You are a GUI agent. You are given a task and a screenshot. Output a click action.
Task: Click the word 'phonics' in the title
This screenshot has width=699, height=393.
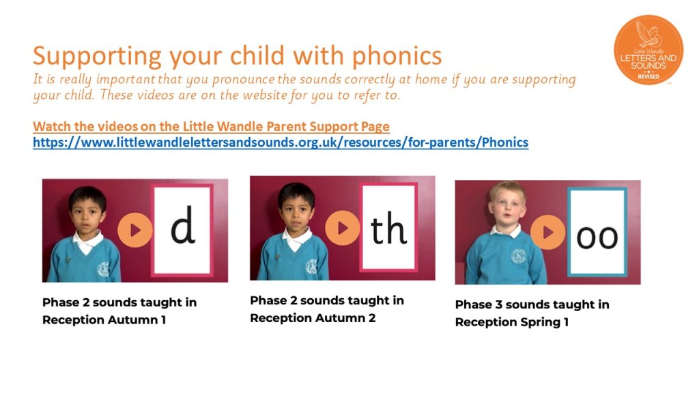pyautogui.click(x=397, y=57)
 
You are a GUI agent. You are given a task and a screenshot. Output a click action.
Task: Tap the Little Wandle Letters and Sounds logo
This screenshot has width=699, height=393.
pyautogui.click(x=648, y=50)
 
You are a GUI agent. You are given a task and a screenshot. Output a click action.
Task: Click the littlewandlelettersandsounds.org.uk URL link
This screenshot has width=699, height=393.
pyautogui.click(x=281, y=143)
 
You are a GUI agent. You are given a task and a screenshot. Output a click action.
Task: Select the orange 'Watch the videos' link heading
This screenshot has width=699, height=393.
pyautogui.click(x=212, y=126)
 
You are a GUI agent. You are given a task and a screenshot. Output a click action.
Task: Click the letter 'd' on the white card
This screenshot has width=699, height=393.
pyautogui.click(x=183, y=224)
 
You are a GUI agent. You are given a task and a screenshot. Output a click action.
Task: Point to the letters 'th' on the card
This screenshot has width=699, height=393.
pyautogui.click(x=388, y=229)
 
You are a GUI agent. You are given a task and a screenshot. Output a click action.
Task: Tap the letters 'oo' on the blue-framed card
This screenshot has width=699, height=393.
pyautogui.click(x=597, y=237)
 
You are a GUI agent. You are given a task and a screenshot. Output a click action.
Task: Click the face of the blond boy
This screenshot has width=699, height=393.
pyautogui.click(x=507, y=208)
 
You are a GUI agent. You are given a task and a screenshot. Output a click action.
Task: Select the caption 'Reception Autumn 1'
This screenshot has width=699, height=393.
pyautogui.click(x=104, y=320)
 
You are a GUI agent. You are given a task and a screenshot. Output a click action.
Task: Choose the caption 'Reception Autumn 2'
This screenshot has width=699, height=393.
pyautogui.click(x=313, y=318)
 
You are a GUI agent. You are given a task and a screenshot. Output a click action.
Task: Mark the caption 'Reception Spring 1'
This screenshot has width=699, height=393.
pyautogui.click(x=512, y=322)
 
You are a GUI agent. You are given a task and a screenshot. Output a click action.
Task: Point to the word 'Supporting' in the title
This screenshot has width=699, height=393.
pyautogui.click(x=97, y=57)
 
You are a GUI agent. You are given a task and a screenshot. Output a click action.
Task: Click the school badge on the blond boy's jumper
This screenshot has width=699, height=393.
pyautogui.click(x=519, y=256)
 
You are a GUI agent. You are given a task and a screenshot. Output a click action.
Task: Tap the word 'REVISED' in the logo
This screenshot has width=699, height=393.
pyautogui.click(x=648, y=76)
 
